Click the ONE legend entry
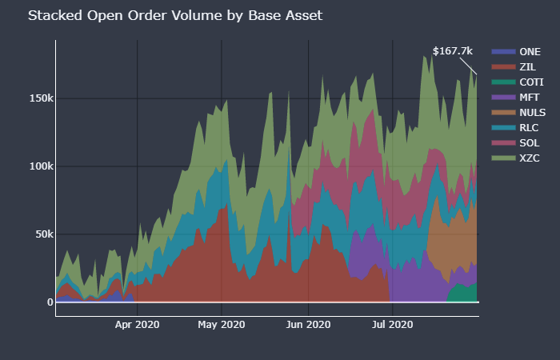[x=529, y=51]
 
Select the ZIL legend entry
[x=527, y=66]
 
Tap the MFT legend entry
[x=529, y=97]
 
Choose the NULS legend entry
[x=532, y=112]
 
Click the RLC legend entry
[x=529, y=127]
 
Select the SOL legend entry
[x=529, y=142]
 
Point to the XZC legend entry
[x=529, y=158]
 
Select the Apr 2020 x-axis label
[x=138, y=324]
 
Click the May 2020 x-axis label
[x=222, y=324]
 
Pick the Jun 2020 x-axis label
[x=308, y=324]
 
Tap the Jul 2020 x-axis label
[x=392, y=324]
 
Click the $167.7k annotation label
[x=453, y=50]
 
